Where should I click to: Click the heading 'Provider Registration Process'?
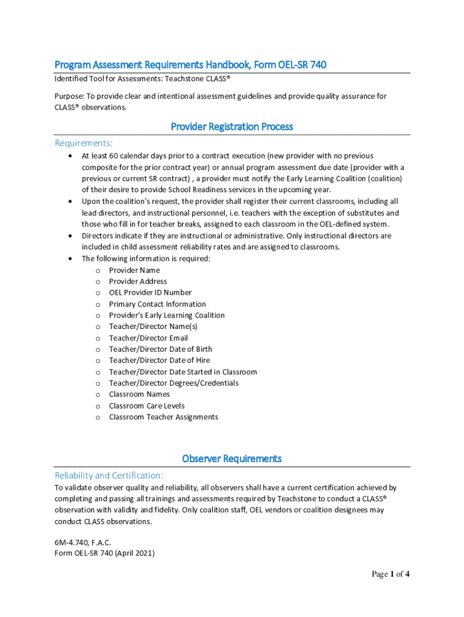click(232, 127)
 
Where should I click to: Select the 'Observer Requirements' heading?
click(232, 459)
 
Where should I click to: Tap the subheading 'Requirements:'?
click(84, 143)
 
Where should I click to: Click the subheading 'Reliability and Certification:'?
click(109, 475)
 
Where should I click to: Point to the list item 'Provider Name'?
click(134, 271)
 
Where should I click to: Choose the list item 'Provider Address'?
click(138, 281)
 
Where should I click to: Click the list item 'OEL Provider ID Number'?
click(150, 293)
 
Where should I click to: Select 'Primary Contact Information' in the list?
click(157, 304)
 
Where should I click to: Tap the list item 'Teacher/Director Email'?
click(148, 338)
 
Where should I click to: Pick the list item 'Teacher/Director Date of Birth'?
click(160, 349)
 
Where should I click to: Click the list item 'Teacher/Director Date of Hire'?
click(160, 360)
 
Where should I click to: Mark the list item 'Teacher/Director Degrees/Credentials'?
click(174, 383)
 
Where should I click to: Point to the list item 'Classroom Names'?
click(139, 395)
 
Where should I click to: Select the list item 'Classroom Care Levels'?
click(147, 406)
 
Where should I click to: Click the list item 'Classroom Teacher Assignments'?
click(163, 417)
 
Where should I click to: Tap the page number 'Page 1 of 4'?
click(390, 574)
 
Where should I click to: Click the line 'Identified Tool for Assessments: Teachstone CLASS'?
click(143, 79)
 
